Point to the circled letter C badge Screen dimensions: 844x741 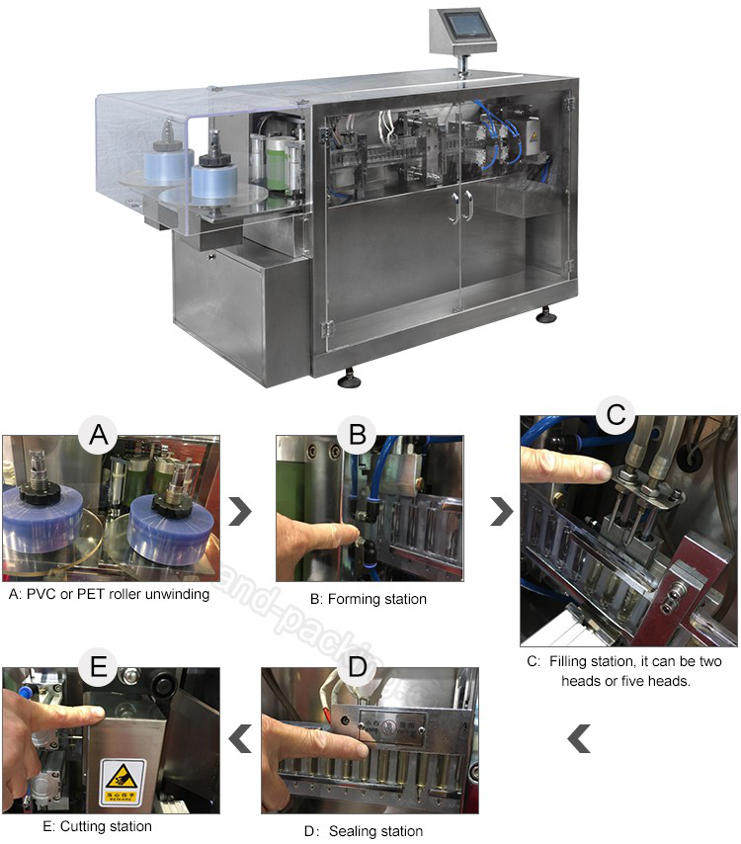615,415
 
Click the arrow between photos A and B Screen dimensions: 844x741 238,512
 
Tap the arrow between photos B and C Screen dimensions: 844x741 501,512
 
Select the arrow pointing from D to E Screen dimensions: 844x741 238,736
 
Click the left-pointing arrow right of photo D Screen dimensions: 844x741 580,736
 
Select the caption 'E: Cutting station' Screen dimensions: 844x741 79,825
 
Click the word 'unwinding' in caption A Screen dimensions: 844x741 176,595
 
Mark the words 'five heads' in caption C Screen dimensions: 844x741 658,682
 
